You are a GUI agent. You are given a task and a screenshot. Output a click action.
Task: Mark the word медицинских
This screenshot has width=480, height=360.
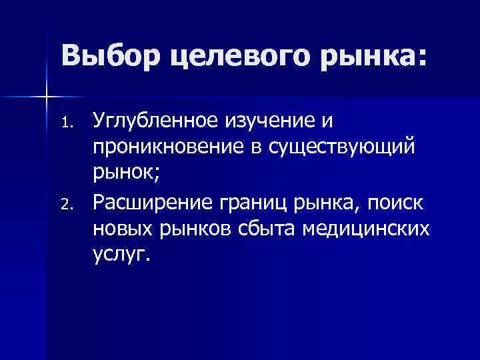pyautogui.click(x=366, y=229)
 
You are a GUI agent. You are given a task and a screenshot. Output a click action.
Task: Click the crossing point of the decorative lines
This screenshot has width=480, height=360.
pyautogui.click(x=46, y=97)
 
